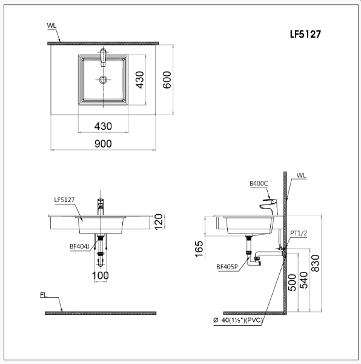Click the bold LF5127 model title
305,35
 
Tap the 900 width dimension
103,144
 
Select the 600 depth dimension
167,80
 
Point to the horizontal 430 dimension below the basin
103,126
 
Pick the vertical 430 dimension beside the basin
140,80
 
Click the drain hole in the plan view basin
103,79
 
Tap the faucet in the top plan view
103,57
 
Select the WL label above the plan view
51,25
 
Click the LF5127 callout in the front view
64,200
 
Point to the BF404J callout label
79,246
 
